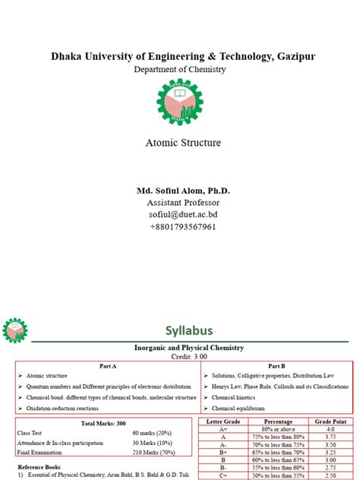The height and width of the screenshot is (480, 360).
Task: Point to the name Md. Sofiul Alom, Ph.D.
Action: click(179, 191)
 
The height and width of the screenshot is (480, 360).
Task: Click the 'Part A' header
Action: click(107, 365)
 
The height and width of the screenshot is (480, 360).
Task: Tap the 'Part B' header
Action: click(276, 365)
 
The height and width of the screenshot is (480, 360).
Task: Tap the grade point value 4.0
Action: click(330, 429)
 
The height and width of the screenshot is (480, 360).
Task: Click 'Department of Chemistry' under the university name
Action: click(179, 69)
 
